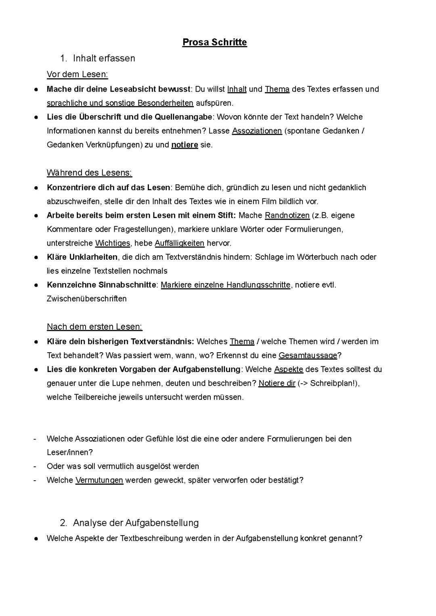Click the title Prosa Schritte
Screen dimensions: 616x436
pyautogui.click(x=214, y=42)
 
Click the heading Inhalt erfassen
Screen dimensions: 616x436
pyautogui.click(x=104, y=58)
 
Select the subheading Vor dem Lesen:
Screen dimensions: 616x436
pyautogui.click(x=77, y=74)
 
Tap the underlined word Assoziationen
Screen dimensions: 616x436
pyautogui.click(x=257, y=131)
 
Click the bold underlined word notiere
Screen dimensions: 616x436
pyautogui.click(x=184, y=145)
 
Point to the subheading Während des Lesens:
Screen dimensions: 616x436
pyautogui.click(x=89, y=173)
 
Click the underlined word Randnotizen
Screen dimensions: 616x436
pyautogui.click(x=287, y=215)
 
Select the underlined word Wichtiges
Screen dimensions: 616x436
pyautogui.click(x=113, y=243)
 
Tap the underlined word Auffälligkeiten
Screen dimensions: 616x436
pyautogui.click(x=180, y=243)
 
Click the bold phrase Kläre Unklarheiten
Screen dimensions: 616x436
pyautogui.click(x=82, y=257)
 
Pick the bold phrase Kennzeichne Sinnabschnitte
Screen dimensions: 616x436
pyautogui.click(x=101, y=285)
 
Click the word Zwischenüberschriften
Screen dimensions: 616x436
pyautogui.click(x=87, y=299)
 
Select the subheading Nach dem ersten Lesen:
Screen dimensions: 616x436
pyautogui.click(x=94, y=327)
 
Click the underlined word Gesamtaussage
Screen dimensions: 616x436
pyautogui.click(x=308, y=355)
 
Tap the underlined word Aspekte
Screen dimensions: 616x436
pyautogui.click(x=289, y=369)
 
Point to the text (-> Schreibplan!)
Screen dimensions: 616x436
pyautogui.click(x=328, y=383)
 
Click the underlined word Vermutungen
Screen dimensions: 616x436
pyautogui.click(x=99, y=480)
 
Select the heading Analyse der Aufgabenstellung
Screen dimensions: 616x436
pyautogui.click(x=136, y=523)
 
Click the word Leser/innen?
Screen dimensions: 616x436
pyautogui.click(x=70, y=452)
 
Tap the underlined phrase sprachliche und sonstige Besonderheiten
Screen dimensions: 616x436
pyautogui.click(x=120, y=103)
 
